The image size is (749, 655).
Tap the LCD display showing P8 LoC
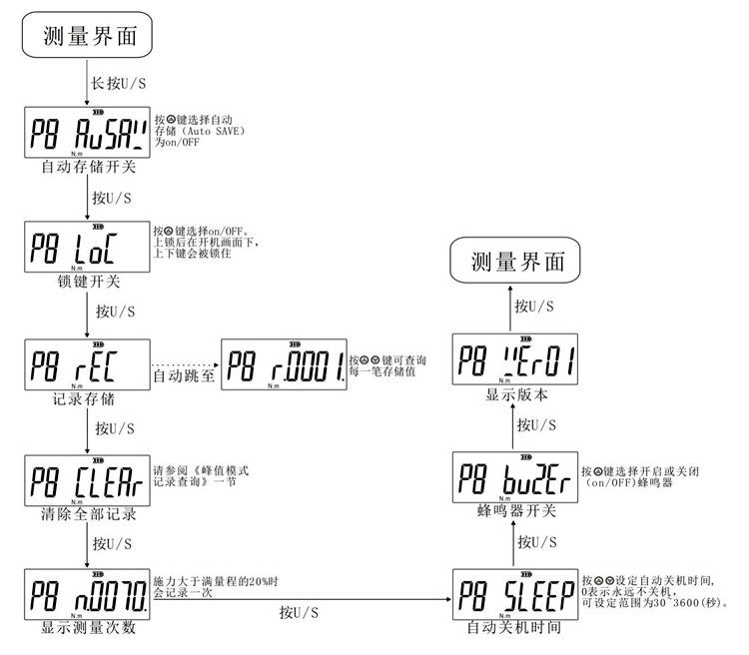[x=87, y=246]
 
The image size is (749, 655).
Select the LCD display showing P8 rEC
[x=87, y=364]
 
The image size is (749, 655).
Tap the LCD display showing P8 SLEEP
[x=514, y=595]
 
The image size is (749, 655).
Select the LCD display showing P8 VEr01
[x=514, y=362]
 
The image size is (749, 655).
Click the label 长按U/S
[x=113, y=82]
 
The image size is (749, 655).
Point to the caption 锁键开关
[x=86, y=280]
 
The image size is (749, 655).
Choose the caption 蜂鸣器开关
[x=511, y=512]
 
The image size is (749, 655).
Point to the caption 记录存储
[x=86, y=398]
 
